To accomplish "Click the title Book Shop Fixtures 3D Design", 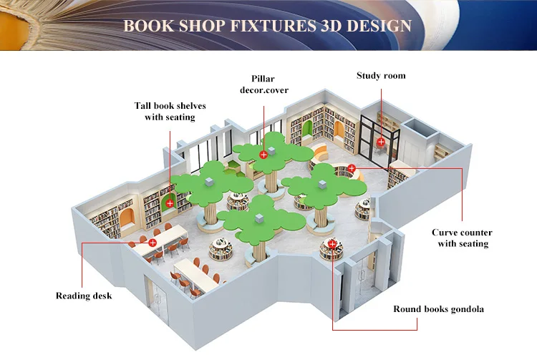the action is click(x=268, y=26).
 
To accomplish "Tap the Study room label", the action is click(x=381, y=75).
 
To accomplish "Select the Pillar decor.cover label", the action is click(x=263, y=84).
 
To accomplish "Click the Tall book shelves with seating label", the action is click(x=170, y=111).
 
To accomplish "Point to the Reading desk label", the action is click(x=84, y=296).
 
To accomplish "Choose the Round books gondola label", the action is click(x=439, y=309).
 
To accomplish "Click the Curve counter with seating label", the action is click(x=462, y=238).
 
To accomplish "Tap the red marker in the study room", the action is click(x=381, y=142).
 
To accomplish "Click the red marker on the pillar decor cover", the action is click(x=263, y=155).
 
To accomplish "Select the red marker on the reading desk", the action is click(x=153, y=243).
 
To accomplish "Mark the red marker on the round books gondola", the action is click(x=332, y=244).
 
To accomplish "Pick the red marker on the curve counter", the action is click(x=352, y=168).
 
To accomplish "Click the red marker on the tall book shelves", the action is click(x=170, y=203).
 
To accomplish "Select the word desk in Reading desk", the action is click(x=102, y=296).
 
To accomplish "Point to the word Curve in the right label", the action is click(x=445, y=233).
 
